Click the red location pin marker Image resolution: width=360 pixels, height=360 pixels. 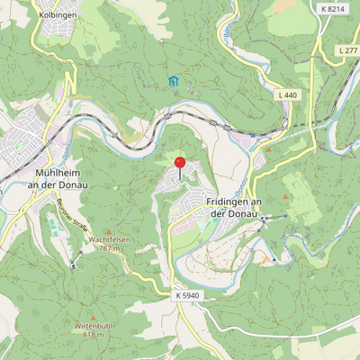click(x=179, y=165)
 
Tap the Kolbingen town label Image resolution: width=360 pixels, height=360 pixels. click(x=58, y=15)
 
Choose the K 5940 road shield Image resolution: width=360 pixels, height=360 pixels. click(x=187, y=294)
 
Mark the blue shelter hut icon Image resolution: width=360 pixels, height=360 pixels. click(x=173, y=82)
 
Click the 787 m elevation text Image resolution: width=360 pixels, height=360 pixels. click(x=110, y=248)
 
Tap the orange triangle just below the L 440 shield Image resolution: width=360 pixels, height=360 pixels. click(x=284, y=106)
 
